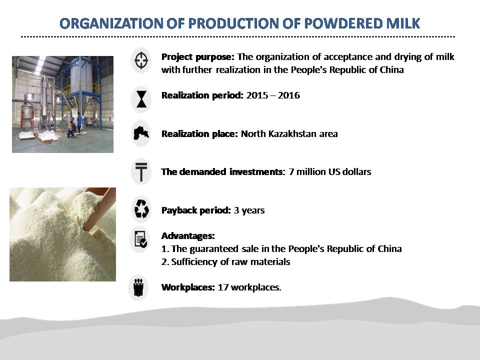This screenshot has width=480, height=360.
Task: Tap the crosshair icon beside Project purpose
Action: (141, 60)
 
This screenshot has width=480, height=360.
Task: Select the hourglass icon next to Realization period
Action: (141, 99)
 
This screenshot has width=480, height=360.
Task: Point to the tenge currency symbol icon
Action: (141, 171)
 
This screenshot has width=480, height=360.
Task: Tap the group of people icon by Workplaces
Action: (138, 287)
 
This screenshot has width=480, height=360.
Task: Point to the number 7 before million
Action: (291, 171)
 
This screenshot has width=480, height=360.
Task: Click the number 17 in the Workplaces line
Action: (223, 287)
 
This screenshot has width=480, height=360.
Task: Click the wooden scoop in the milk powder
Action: (99, 208)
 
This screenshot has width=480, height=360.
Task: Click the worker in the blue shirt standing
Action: (79, 122)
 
